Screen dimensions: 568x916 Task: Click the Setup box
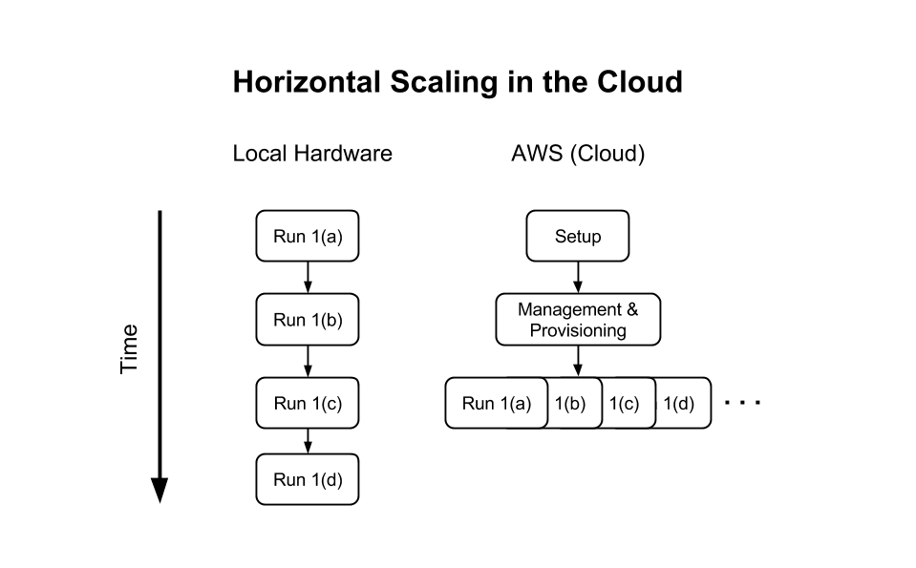[x=578, y=236]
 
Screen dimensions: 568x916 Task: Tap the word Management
[x=569, y=309]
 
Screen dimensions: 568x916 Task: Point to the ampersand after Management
[x=631, y=309]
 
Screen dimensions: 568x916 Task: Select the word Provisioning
[x=578, y=330]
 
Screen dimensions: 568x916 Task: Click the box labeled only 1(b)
[x=571, y=403]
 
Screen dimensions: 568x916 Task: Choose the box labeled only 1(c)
[x=625, y=403]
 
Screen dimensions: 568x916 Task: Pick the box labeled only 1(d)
[x=679, y=403]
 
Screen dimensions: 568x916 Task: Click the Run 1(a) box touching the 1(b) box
[x=496, y=403]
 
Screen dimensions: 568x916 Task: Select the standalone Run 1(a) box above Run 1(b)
[x=307, y=236]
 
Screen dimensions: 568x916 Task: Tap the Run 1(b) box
[x=307, y=319]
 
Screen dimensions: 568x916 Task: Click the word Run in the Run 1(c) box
[x=289, y=403]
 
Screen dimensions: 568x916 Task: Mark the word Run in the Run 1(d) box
[x=289, y=479]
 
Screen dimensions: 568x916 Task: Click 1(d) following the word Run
[x=326, y=479]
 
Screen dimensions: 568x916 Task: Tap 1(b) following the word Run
[x=326, y=319]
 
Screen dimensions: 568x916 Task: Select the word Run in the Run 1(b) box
[x=289, y=319]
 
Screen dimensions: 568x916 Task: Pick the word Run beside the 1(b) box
[x=479, y=403]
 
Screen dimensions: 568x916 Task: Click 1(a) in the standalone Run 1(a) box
[x=326, y=236]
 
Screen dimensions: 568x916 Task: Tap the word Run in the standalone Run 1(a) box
[x=289, y=236]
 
